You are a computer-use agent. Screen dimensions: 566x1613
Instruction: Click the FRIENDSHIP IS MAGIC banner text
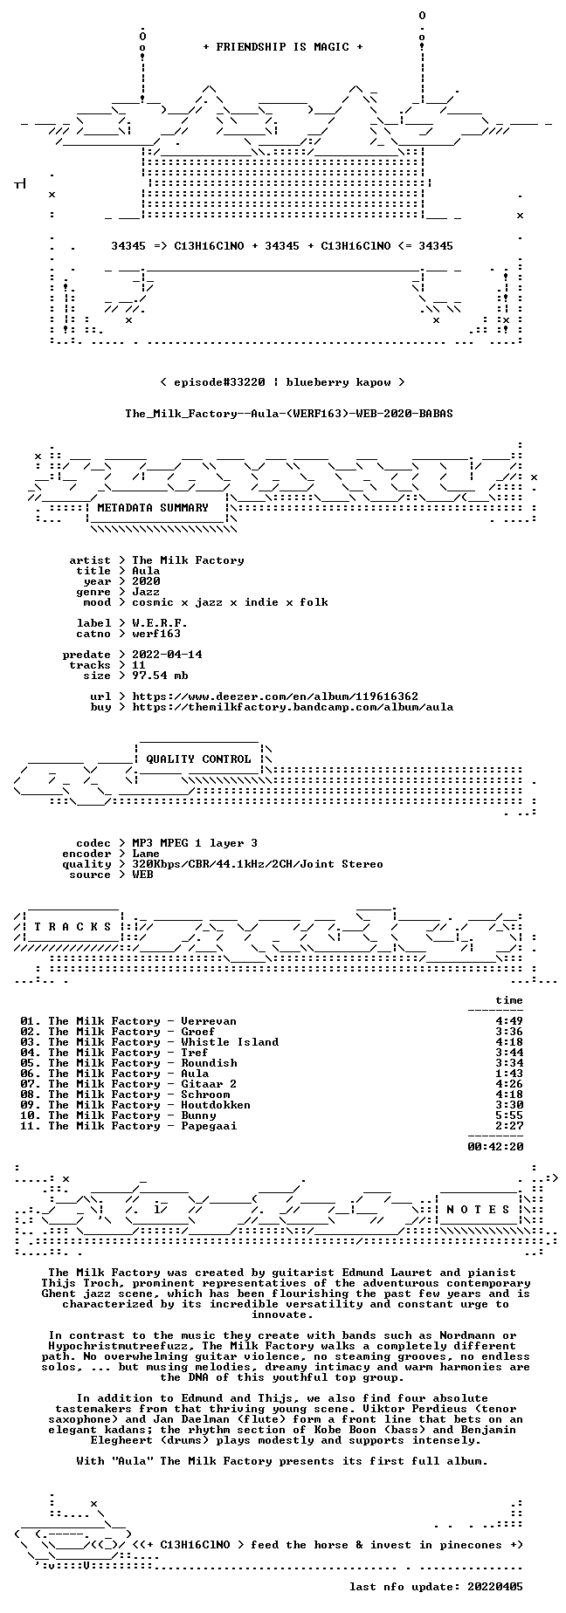pos(282,47)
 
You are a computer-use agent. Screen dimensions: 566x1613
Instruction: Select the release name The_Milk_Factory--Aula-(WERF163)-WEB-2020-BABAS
pos(289,414)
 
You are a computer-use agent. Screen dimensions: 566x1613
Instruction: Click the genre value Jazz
pos(146,592)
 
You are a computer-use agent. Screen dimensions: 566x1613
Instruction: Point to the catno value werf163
pos(156,634)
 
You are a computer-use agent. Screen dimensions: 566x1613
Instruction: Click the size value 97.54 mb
pos(160,676)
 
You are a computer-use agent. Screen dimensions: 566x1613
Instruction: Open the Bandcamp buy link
pos(293,707)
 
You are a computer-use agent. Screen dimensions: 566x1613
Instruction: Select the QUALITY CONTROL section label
pos(198,759)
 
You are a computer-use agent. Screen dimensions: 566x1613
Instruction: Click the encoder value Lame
pos(146,854)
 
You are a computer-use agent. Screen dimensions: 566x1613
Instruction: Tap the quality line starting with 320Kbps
pos(258,864)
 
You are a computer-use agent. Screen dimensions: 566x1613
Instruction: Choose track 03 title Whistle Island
pos(230,1042)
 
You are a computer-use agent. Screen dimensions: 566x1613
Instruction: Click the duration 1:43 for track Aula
pos(509,1074)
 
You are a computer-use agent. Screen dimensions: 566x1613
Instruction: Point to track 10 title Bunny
pos(198,1115)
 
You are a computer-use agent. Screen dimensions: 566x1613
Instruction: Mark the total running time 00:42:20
pos(495,1147)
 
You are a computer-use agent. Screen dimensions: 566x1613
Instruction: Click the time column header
pos(509,1000)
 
